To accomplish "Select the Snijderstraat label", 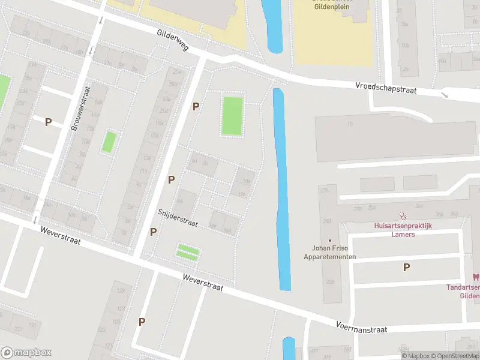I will click(178, 217).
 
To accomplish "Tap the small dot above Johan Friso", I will click(329, 241).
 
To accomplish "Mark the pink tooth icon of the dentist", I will click(476, 277).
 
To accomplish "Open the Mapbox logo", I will click(26, 352).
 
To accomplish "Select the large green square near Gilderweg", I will click(232, 116).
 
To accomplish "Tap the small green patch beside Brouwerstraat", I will click(109, 142).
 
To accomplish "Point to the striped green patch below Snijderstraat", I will click(188, 252).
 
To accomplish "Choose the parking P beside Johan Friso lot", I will click(406, 268).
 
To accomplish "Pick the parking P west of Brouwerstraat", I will click(48, 122).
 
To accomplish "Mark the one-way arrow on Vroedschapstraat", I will click(443, 94).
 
